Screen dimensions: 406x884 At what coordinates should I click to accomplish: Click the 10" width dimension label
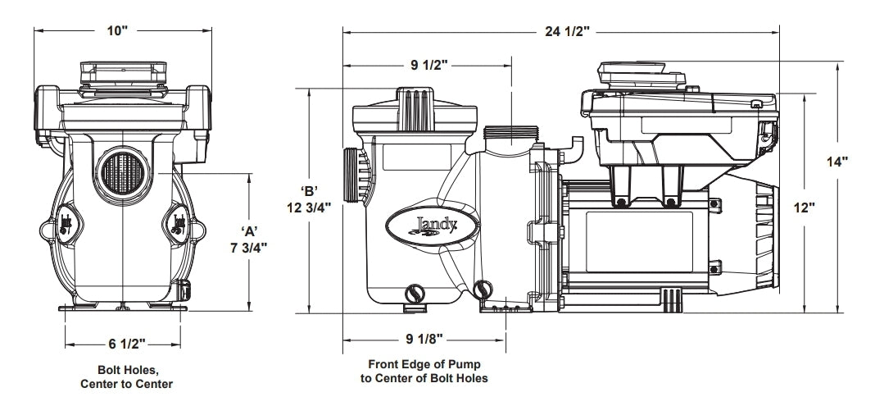point(118,30)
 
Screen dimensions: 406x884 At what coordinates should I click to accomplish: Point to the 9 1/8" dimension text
point(424,339)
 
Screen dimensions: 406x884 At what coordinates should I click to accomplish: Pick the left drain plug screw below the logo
point(415,291)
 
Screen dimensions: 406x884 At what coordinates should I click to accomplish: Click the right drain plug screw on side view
point(483,289)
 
